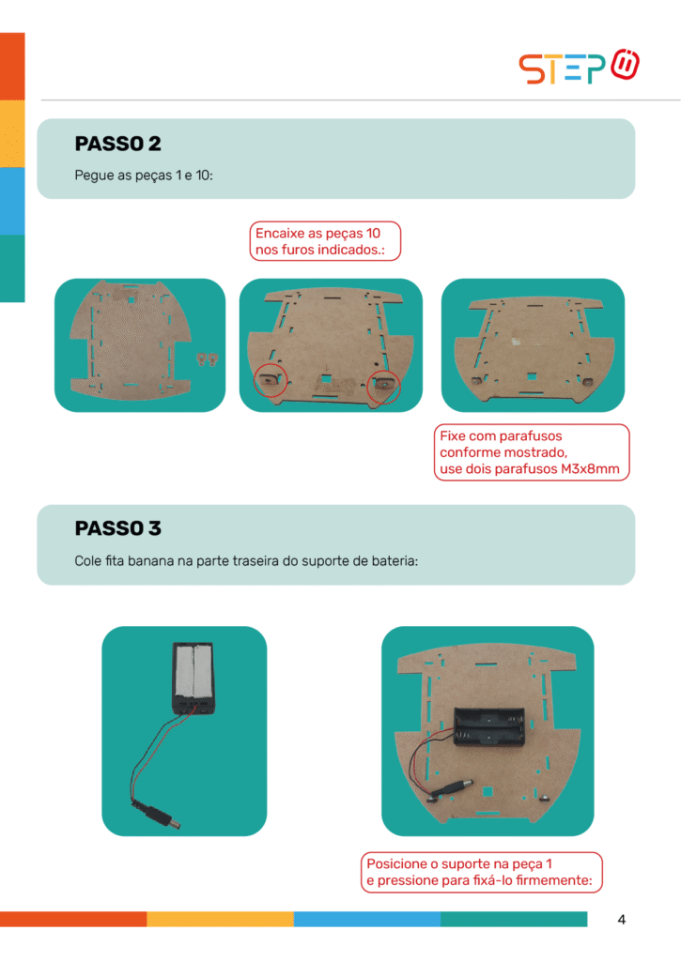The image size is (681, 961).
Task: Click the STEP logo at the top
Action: coord(579,67)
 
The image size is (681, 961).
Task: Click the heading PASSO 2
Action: coord(117,144)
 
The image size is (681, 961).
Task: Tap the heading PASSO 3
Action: coord(117,527)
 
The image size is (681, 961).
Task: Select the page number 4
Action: coord(622,920)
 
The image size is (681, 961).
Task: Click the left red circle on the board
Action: coord(255,381)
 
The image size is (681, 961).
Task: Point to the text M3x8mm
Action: coord(590,469)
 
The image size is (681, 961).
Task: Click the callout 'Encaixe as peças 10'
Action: coord(317,233)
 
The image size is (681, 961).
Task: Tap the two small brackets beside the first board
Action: coord(208,358)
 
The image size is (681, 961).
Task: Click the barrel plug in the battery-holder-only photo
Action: coord(162,817)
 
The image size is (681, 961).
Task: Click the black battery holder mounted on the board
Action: coord(489,727)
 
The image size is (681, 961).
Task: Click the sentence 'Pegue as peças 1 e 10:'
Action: coord(144,175)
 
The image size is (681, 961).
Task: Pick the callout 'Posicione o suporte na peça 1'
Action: coord(459,863)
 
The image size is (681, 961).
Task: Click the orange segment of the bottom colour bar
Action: coord(73,919)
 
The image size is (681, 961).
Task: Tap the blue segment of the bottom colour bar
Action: coord(367,919)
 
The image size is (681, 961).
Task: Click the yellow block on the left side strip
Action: coord(12,133)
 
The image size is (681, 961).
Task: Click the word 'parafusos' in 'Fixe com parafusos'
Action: coord(532,435)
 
